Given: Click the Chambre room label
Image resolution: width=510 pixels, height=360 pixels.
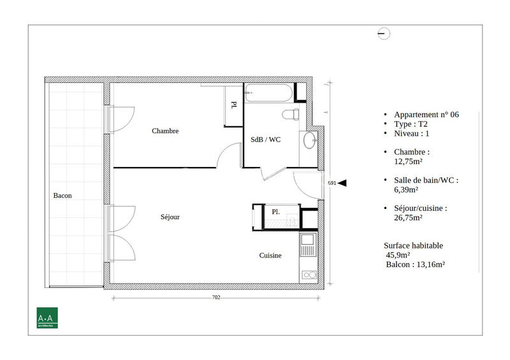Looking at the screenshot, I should click(x=165, y=131).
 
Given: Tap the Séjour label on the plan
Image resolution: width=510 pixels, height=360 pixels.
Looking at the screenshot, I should click(x=170, y=217).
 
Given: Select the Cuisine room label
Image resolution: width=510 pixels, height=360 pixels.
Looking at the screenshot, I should click(x=270, y=256).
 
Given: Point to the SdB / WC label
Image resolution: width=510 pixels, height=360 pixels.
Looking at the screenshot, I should click(x=265, y=140).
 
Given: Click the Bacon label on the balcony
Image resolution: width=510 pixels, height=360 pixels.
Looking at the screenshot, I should click(x=62, y=196).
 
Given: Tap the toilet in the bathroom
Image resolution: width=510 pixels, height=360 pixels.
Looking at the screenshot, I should click(x=291, y=114).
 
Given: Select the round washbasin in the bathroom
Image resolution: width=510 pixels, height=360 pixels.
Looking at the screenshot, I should click(x=309, y=140).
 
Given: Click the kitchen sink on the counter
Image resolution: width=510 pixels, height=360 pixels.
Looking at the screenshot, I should click(x=308, y=242).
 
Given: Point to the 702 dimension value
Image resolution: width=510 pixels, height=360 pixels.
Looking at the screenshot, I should click(x=215, y=298).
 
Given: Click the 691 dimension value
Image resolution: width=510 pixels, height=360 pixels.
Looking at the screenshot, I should click(x=331, y=183).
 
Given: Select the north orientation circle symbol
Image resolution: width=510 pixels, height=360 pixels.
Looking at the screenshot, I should click(x=384, y=34).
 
